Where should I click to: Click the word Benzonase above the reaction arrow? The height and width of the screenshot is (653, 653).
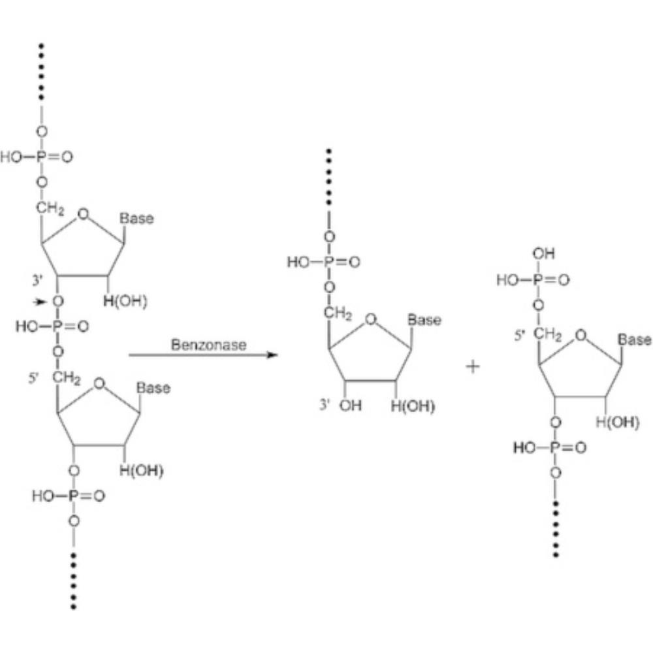pos(209,344)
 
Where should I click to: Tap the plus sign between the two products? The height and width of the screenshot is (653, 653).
pos(472,366)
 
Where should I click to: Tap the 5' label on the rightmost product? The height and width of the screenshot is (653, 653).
pos(519,338)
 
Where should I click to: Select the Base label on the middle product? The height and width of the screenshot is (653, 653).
pos(424,321)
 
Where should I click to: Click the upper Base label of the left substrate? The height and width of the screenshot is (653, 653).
pos(137,219)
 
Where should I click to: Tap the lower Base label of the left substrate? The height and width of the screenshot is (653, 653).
pos(153,388)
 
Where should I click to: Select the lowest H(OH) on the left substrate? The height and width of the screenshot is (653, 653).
pos(141,471)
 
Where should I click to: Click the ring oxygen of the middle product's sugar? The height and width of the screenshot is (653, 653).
pos(371,319)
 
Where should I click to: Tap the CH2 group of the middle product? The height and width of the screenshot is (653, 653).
pos(338,313)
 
